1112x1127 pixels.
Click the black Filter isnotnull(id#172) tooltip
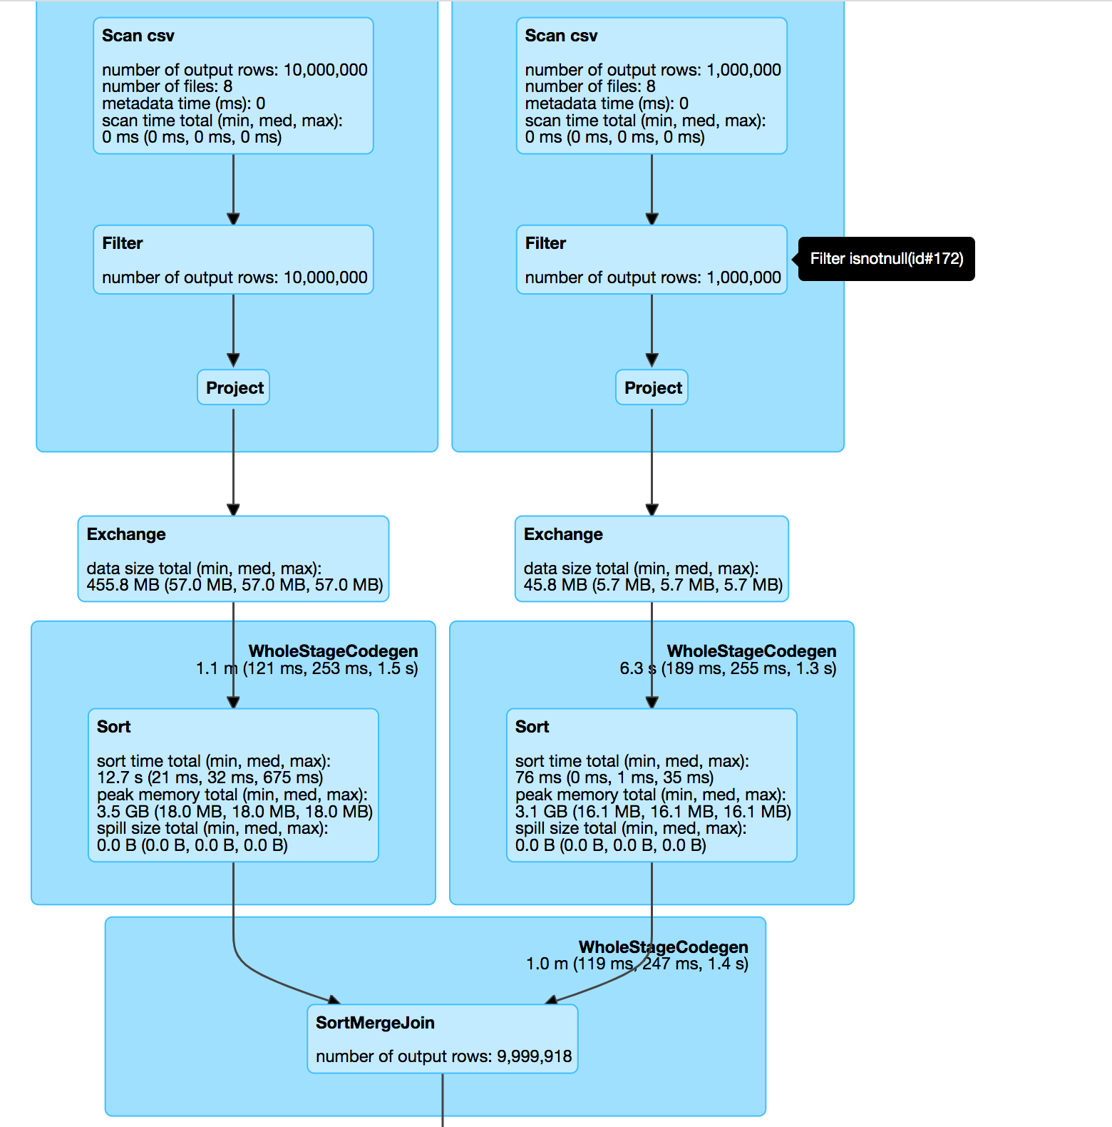(886, 259)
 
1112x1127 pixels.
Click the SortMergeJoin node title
(375, 1023)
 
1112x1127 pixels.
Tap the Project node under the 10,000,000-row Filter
(234, 388)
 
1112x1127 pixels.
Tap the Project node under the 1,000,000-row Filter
(652, 388)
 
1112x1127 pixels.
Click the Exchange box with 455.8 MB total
(233, 559)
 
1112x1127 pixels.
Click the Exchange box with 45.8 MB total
(652, 559)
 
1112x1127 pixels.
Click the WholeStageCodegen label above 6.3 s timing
(751, 651)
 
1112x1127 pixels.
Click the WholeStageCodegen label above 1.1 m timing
(333, 651)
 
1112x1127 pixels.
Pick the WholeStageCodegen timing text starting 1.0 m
(637, 964)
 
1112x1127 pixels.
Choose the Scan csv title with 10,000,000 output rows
(138, 36)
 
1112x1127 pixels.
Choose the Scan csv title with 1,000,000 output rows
(561, 36)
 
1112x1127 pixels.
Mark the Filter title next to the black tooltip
(545, 244)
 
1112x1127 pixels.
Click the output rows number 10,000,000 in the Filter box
(325, 277)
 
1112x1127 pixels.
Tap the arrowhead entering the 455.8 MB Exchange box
(233, 509)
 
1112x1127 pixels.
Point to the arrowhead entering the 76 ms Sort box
(652, 702)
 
